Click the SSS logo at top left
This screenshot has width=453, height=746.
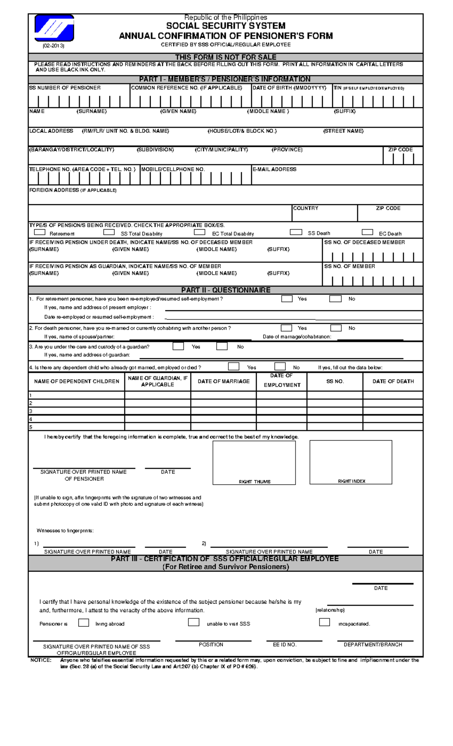(54, 28)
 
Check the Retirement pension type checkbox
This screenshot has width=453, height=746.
(40, 232)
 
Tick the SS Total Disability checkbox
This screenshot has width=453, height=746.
(109, 232)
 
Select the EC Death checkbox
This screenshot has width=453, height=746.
(367, 232)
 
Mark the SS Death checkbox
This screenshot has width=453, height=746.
(296, 232)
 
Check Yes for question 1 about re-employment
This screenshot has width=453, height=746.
(287, 299)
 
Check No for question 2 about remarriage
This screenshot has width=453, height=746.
(336, 328)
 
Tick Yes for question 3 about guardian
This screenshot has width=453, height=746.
(178, 346)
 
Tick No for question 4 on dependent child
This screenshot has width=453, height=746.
(280, 367)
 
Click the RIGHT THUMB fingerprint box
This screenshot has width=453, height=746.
(254, 462)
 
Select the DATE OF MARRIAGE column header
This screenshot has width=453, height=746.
(223, 381)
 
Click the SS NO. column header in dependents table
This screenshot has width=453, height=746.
(335, 381)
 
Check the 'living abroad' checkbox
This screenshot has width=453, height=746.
(83, 623)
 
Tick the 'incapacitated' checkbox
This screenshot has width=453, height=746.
(324, 622)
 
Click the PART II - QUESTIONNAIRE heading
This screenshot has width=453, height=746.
(226, 290)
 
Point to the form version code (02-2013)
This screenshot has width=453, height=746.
(53, 46)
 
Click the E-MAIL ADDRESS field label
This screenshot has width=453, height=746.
(274, 169)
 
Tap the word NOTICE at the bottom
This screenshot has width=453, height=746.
(41, 660)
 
